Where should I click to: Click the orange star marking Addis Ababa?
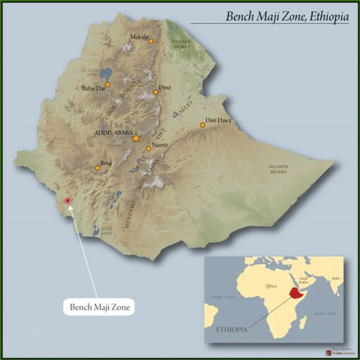[x=136, y=138]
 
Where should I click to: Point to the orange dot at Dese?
[x=156, y=92]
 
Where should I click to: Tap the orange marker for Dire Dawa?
[x=202, y=124]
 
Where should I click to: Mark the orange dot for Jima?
[x=97, y=168]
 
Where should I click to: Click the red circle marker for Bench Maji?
[x=68, y=201]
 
